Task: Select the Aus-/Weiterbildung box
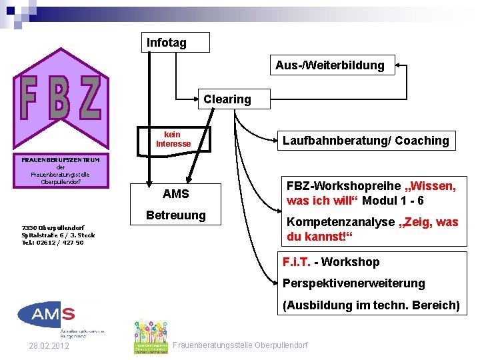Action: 329,65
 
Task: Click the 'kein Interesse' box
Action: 173,139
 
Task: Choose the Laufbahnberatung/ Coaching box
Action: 365,141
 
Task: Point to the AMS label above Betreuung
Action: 176,194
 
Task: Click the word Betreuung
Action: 176,215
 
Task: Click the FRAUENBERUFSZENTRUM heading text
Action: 60,160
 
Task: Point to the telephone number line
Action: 53,243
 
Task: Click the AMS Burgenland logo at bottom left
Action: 47,319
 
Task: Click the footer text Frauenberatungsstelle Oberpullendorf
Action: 240,345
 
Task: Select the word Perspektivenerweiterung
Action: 353,283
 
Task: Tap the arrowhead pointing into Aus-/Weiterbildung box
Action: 397,65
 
